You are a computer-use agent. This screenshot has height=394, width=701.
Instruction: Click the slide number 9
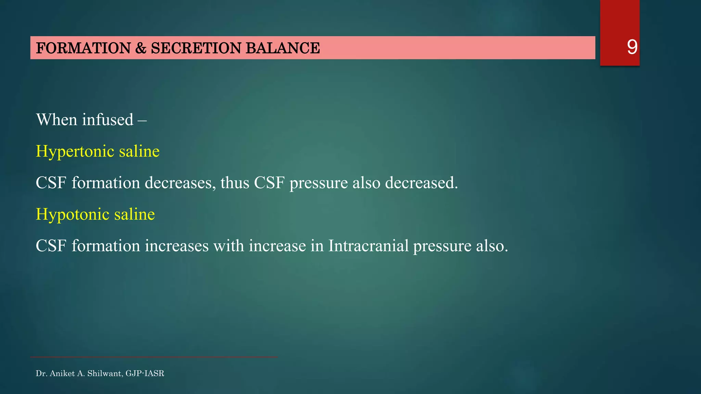(632, 47)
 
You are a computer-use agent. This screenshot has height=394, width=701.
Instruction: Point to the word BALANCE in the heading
(282, 48)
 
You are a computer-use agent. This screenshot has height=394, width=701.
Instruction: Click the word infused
(107, 120)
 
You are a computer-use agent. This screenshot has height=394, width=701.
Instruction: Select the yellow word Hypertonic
(75, 152)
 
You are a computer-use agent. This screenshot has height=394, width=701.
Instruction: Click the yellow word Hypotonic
(73, 215)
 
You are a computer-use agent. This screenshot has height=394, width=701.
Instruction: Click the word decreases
(180, 183)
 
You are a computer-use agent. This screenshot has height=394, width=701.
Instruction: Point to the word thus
(235, 183)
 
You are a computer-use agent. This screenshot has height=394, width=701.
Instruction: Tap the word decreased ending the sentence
(421, 183)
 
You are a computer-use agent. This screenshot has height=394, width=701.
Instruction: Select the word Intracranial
(368, 246)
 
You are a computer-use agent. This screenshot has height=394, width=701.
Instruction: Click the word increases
(177, 246)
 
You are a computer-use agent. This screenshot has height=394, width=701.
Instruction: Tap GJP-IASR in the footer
(145, 373)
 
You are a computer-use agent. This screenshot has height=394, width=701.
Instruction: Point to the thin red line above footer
(154, 357)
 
